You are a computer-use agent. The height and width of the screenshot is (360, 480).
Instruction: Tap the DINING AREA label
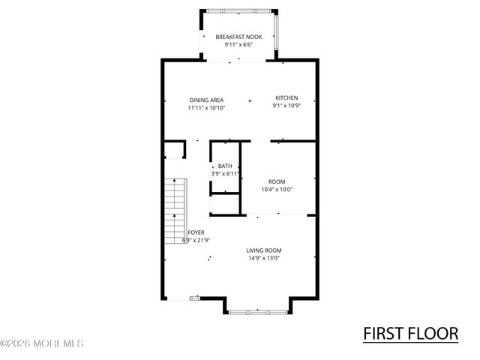[206, 100]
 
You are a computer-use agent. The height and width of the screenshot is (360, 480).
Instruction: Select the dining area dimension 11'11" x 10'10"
[206, 108]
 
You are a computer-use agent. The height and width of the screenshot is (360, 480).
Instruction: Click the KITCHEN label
[286, 98]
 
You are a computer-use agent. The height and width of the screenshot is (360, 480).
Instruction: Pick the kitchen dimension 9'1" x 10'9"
[286, 106]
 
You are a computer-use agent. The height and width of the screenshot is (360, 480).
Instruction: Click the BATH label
[225, 166]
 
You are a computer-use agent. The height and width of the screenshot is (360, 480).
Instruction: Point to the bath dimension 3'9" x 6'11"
[225, 174]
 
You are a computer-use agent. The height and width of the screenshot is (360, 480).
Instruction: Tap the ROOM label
[277, 181]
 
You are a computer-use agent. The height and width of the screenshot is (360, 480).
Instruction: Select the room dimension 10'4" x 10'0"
[277, 190]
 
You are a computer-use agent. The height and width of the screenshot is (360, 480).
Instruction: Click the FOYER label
[196, 232]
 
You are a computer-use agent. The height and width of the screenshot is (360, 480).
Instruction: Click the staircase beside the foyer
[175, 211]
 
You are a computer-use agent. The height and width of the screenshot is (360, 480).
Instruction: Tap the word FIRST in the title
[384, 332]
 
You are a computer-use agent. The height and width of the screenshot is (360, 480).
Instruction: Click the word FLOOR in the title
[433, 332]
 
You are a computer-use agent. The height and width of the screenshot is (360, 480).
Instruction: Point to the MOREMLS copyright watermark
[42, 343]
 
